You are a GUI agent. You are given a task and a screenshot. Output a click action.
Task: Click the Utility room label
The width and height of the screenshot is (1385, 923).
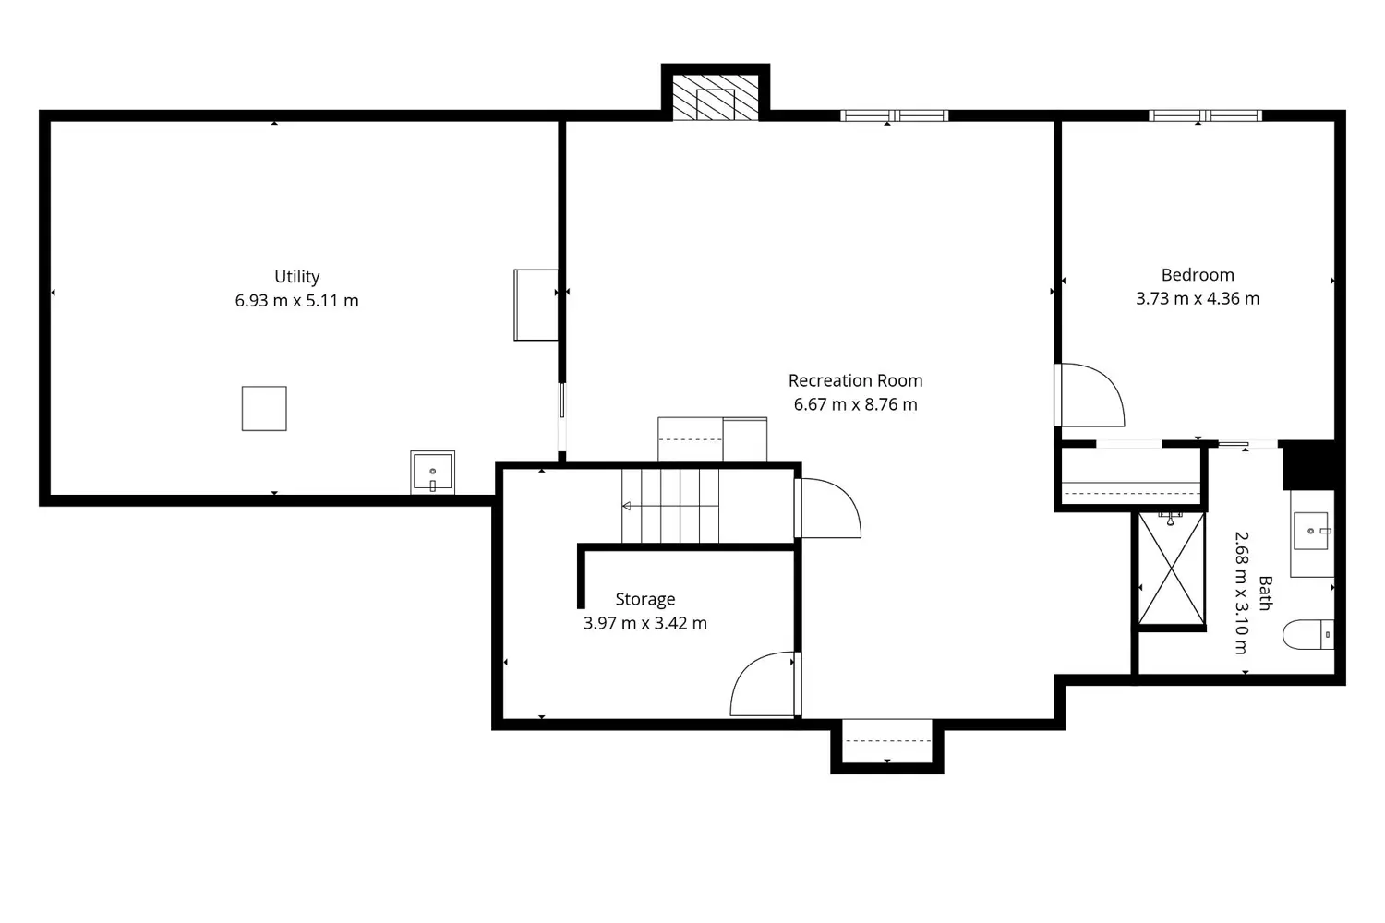(x=296, y=277)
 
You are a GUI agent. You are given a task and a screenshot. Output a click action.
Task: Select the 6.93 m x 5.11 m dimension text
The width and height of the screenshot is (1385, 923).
(x=296, y=301)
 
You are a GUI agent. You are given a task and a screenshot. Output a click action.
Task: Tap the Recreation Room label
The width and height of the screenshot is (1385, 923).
(x=855, y=380)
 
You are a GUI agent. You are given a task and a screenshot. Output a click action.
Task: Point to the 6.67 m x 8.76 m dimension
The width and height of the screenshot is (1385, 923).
(x=855, y=404)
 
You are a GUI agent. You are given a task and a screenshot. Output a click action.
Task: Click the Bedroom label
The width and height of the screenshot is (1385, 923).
(x=1198, y=275)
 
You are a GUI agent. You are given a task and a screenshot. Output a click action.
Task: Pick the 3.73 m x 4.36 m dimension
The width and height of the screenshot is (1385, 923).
(x=1198, y=299)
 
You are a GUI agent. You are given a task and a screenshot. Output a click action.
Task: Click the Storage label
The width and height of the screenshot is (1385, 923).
(x=644, y=600)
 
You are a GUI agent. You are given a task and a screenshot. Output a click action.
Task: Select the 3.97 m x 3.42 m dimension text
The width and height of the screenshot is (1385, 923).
(x=644, y=624)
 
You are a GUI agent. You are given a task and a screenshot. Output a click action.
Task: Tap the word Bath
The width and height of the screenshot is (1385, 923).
(x=1265, y=593)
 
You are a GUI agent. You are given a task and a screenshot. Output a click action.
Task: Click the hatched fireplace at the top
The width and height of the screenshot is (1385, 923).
(x=716, y=97)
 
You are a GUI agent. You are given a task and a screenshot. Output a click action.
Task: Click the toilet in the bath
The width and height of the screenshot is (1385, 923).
(x=1307, y=635)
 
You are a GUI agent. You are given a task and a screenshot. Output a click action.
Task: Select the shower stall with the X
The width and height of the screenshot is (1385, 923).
(x=1172, y=569)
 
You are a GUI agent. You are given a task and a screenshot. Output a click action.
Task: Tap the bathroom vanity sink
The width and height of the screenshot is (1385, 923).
(x=1310, y=532)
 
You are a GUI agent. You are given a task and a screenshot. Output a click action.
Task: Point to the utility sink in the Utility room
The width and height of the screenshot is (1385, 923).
(x=432, y=473)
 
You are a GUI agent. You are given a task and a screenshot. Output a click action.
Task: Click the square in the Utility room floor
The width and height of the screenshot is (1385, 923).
(x=264, y=408)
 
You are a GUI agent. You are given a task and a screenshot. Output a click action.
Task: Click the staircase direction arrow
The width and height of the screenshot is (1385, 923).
(x=627, y=506)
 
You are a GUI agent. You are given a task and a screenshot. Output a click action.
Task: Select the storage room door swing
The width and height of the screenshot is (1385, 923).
(x=762, y=685)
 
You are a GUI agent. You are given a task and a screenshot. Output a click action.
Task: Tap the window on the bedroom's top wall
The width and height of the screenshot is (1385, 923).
(x=1205, y=115)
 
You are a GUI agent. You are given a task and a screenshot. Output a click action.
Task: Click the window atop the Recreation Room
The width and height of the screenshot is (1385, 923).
(x=894, y=115)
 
